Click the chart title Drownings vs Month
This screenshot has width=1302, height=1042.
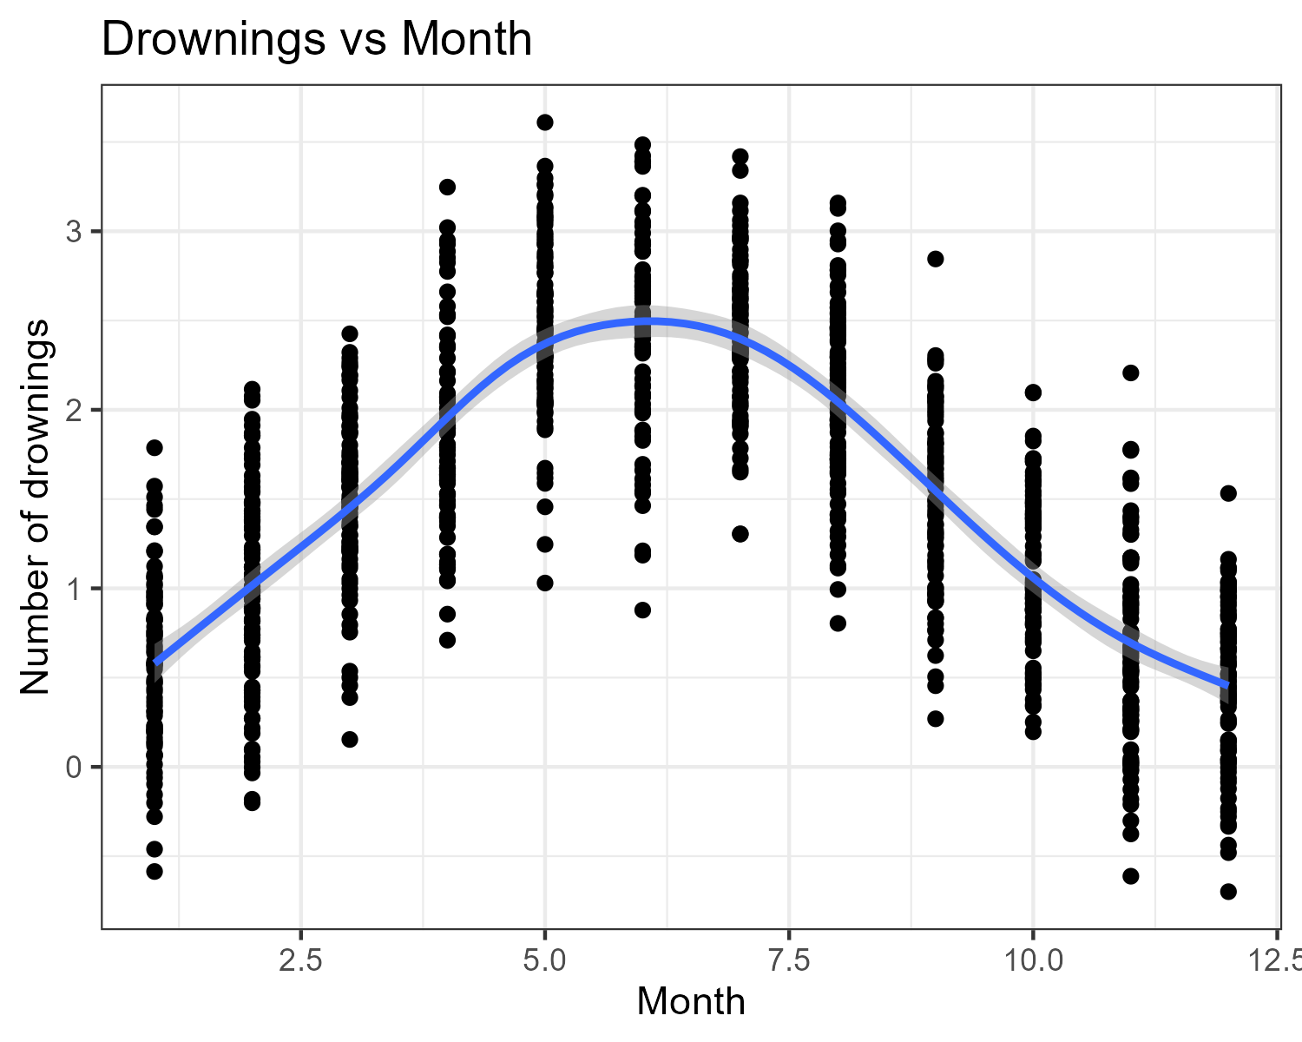tap(317, 39)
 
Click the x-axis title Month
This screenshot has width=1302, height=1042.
tap(690, 1001)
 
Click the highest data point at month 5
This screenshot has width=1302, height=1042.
tap(545, 122)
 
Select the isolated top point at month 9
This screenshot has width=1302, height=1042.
tap(935, 259)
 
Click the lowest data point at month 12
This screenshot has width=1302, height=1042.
tap(1228, 892)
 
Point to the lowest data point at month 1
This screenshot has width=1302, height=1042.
tap(155, 871)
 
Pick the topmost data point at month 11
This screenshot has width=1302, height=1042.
tap(1130, 373)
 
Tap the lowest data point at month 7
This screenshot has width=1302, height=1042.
tap(740, 534)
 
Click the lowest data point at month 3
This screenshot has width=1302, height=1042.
tap(350, 739)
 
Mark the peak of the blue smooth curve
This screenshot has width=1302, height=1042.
tap(642, 321)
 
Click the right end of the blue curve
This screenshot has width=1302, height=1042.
tap(1226, 685)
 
